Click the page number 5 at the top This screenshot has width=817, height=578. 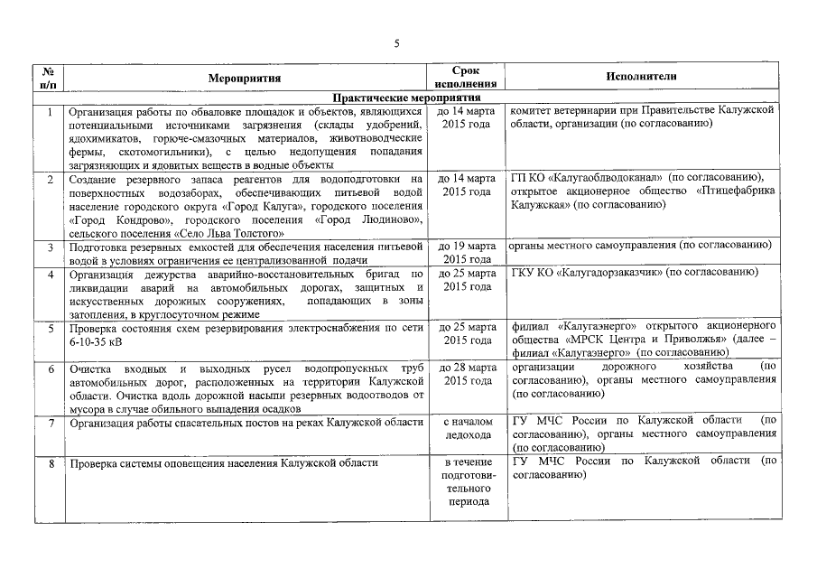tap(396, 42)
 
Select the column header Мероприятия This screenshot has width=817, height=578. tap(246, 78)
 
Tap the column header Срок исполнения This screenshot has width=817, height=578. tap(467, 78)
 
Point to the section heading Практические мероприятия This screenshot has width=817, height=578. tap(406, 98)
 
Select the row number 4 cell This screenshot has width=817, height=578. tap(51, 274)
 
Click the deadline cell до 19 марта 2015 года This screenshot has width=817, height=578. tap(467, 253)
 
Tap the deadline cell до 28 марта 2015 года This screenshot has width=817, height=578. tap(467, 375)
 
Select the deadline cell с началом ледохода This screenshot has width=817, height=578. tap(467, 429)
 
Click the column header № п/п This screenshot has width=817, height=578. tap(51, 78)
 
